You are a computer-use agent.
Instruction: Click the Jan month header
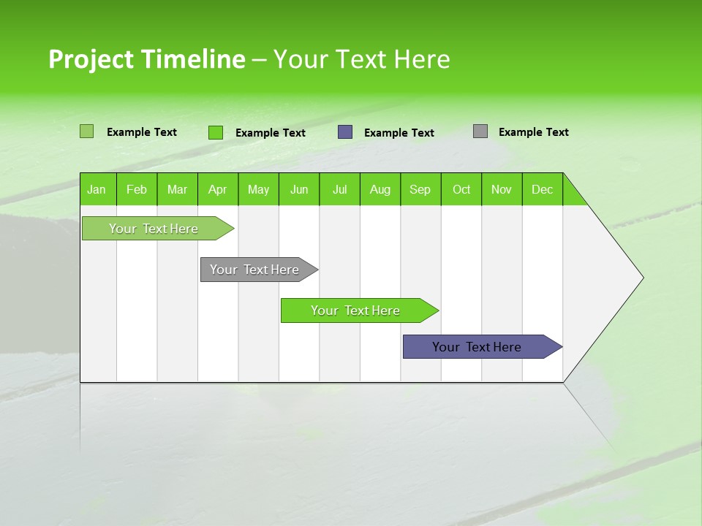coord(97,189)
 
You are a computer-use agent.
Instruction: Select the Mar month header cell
coord(177,189)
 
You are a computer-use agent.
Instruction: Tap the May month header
coord(258,189)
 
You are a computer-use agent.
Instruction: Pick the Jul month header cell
coord(339,189)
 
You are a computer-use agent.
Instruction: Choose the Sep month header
coord(420,189)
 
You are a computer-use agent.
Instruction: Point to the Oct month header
coord(461,189)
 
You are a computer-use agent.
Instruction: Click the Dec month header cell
coord(542,189)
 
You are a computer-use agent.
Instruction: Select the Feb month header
coord(137,189)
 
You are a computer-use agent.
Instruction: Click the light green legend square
coord(86,131)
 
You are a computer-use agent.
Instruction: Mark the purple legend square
coord(345,132)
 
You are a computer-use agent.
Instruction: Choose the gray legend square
coord(480,131)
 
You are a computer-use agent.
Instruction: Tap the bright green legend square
coord(216,132)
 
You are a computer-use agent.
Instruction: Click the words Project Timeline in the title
coord(146,59)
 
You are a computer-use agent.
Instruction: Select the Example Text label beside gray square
coord(533,132)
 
